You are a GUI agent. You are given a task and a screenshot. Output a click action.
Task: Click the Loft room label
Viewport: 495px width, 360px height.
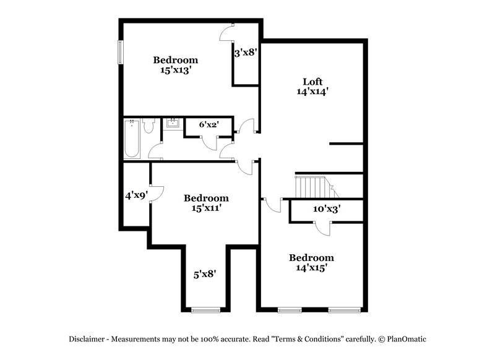pos(312,81)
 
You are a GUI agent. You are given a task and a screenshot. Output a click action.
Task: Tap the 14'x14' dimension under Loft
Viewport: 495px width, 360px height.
pos(312,91)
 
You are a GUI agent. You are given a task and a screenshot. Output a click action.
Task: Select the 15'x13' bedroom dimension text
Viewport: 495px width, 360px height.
pos(176,71)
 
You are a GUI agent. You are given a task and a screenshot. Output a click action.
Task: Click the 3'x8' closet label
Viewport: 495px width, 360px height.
pos(245,53)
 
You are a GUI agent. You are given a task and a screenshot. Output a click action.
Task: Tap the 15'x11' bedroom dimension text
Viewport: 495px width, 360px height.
pos(206,208)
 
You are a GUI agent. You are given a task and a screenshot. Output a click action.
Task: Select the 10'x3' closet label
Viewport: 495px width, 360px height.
pos(327,209)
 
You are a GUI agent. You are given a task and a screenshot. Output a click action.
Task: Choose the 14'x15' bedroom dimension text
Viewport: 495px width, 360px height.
pos(312,268)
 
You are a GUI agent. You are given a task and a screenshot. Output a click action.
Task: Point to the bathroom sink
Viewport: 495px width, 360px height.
pos(173,123)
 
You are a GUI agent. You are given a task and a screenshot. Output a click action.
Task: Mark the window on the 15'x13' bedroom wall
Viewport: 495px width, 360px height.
pos(121,53)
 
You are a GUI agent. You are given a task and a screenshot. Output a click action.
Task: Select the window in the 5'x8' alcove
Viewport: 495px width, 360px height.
pos(205,309)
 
